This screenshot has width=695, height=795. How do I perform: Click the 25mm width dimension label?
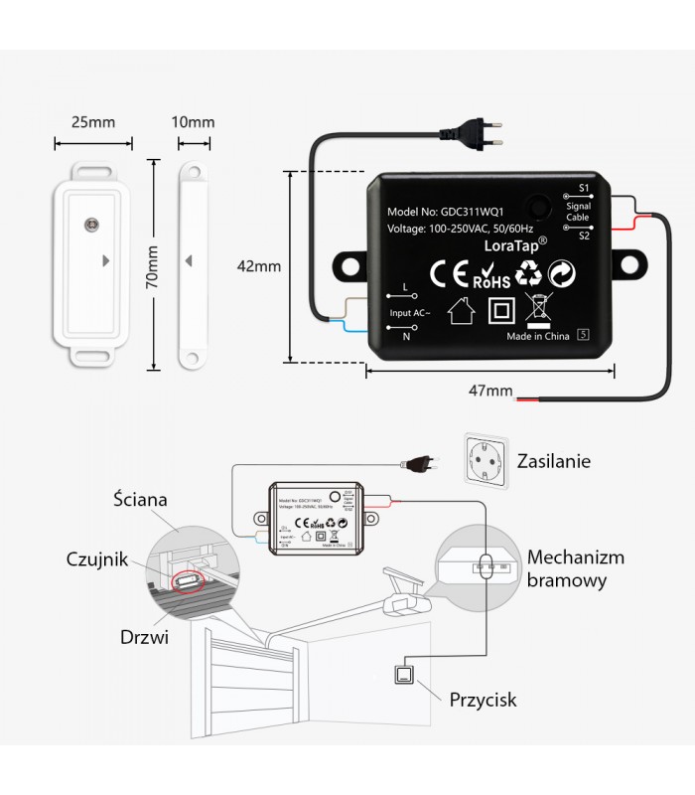(x=94, y=122)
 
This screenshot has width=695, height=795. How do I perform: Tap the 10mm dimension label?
(x=193, y=122)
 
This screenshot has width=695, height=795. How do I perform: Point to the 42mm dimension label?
(x=260, y=266)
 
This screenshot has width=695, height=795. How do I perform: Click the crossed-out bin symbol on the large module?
(x=536, y=309)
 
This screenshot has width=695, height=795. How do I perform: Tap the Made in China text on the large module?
(x=537, y=336)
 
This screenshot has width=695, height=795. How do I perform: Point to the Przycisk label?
(x=483, y=700)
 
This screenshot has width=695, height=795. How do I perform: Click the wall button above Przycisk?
(x=407, y=676)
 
